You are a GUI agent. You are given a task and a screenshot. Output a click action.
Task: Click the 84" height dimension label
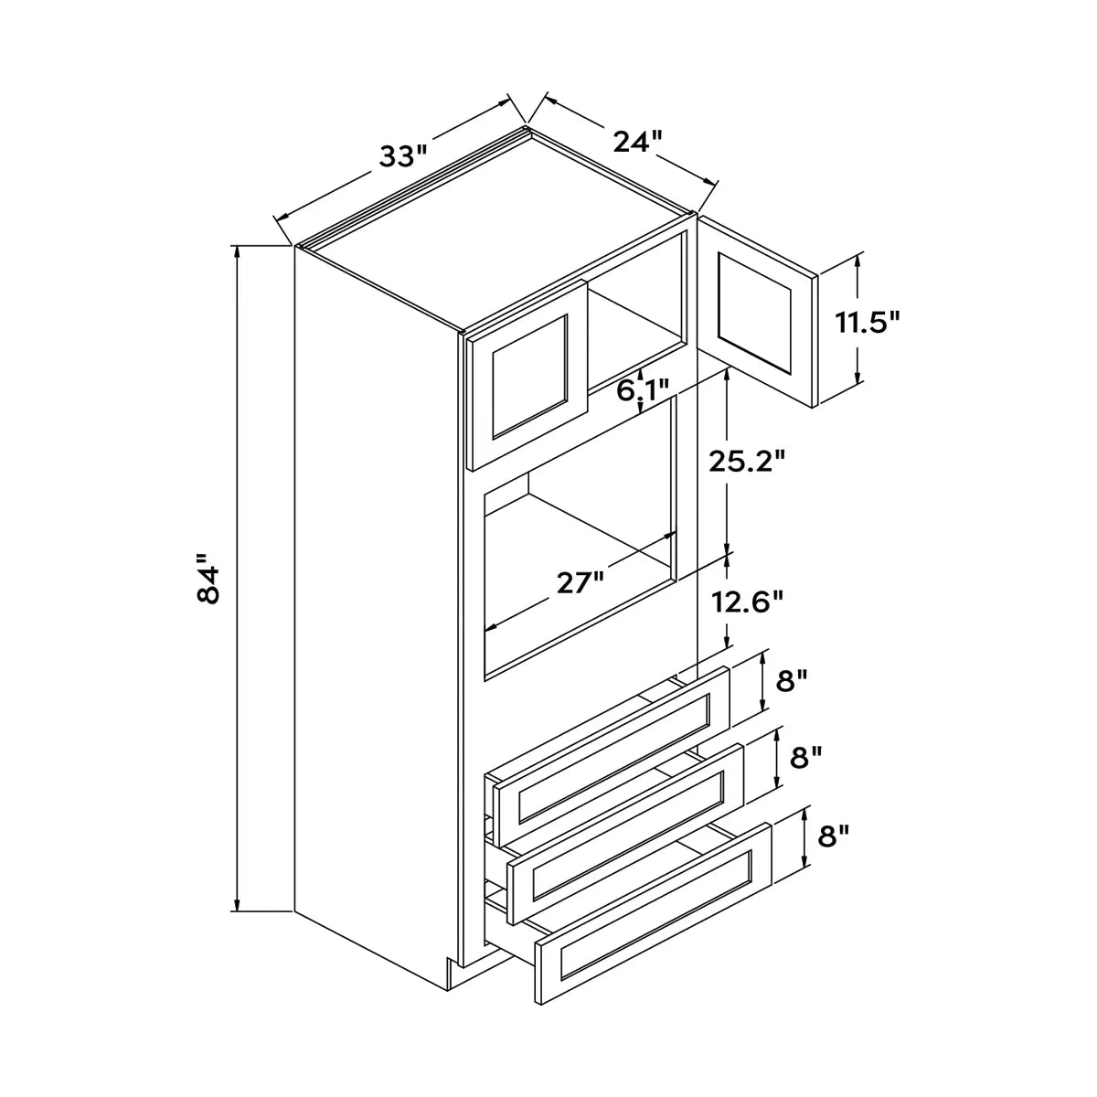pos(208,577)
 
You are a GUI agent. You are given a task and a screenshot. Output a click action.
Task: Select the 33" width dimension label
pos(404,156)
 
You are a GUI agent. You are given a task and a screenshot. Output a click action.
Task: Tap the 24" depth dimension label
pos(638,141)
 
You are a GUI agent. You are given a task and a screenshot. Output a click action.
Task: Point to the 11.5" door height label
pos(867,323)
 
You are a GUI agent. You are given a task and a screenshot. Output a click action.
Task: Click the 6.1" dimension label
pos(643,390)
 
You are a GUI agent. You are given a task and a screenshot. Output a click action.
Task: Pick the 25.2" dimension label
pos(747,462)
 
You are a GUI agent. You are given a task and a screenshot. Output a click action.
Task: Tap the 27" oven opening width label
pos(580,583)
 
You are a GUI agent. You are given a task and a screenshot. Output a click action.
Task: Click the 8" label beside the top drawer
pos(793,680)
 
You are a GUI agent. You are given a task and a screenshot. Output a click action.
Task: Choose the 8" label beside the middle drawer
pos(806,758)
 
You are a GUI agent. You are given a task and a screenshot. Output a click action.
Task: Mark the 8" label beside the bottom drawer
pos(833,836)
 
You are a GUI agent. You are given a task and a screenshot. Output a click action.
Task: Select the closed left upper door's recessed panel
pos(530,377)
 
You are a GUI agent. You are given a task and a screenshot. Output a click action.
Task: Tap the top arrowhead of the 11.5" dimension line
pos(857,261)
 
